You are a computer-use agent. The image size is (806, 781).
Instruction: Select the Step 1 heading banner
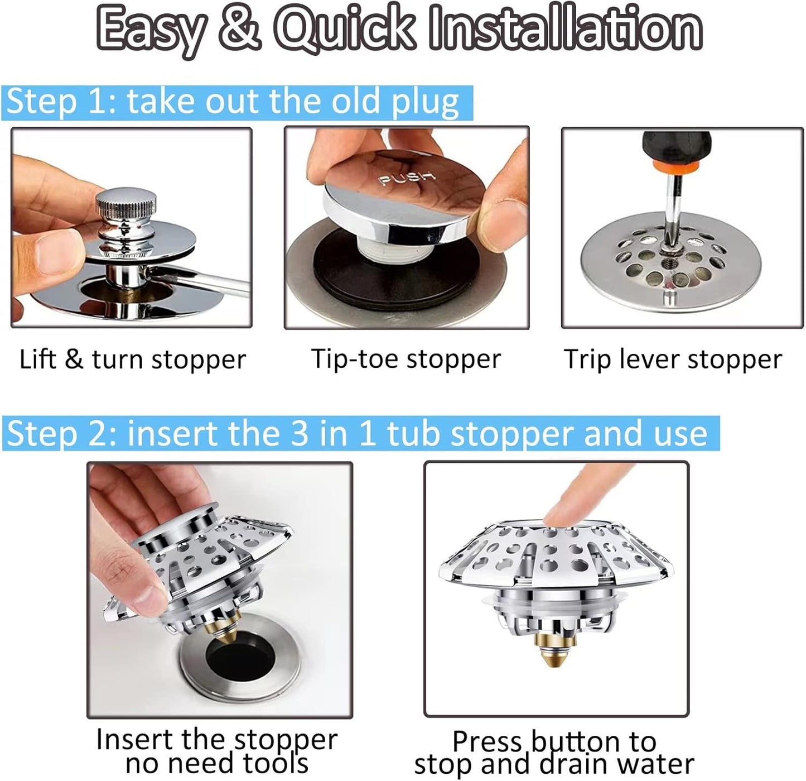pyautogui.click(x=237, y=103)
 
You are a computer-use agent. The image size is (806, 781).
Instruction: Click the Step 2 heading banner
pyautogui.click(x=360, y=434)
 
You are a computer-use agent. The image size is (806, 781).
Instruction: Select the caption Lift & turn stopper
pyautogui.click(x=132, y=360)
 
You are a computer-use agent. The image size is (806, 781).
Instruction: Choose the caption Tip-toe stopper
pyautogui.click(x=406, y=359)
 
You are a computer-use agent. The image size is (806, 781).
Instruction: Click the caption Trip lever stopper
pyautogui.click(x=673, y=360)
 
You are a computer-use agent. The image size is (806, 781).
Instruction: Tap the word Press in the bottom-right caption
pyautogui.click(x=488, y=741)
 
